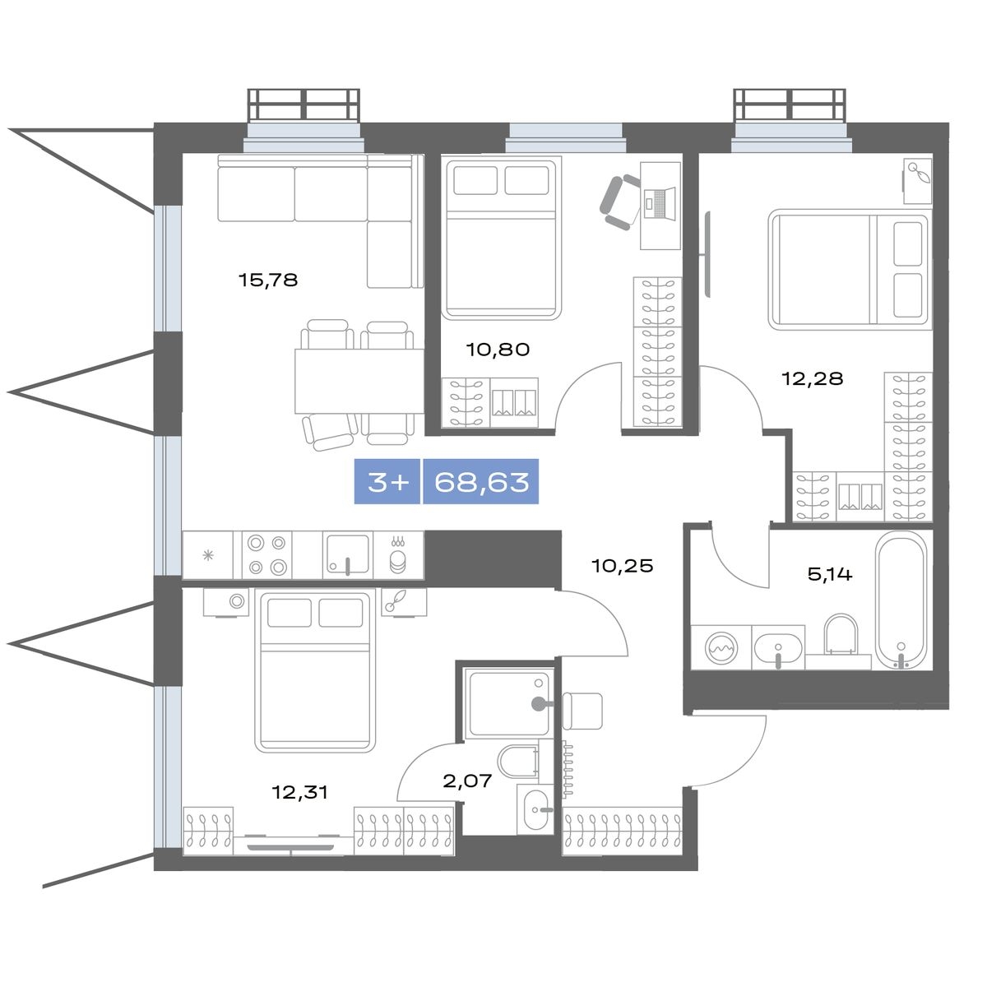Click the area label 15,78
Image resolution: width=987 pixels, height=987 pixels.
268,280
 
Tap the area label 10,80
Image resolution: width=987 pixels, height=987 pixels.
498,350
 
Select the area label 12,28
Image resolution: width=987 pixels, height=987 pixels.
813,378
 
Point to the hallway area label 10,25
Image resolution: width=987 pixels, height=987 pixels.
623,566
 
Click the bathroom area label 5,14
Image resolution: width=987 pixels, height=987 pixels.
830,574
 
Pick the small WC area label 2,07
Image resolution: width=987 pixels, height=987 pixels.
467,781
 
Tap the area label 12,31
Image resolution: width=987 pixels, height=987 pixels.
299,792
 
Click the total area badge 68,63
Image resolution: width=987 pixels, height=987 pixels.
481,482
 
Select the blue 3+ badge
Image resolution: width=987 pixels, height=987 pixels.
387,482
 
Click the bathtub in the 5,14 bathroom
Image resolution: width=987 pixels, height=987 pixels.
901,600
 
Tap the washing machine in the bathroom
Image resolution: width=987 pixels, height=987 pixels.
721,648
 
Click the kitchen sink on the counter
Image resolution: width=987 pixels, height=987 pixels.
348,554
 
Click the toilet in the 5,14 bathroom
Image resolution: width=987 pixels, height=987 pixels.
841,635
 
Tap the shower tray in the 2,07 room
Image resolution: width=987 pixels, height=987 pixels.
508,704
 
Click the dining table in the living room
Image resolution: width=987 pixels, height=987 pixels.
359,381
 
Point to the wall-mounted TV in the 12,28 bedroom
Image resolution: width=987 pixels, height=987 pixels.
707,253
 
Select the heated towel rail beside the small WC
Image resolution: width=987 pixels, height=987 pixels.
568,772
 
